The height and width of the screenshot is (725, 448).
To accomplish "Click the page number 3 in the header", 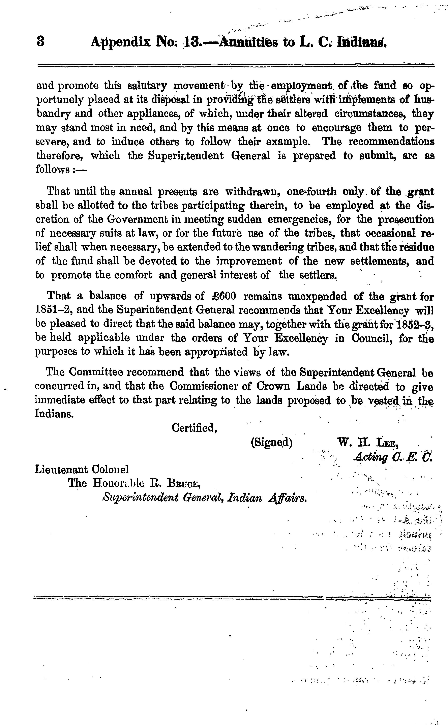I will tap(41, 41).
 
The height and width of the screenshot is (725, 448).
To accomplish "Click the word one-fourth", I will tap(311, 192).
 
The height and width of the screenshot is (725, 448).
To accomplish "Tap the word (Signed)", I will tap(272, 442).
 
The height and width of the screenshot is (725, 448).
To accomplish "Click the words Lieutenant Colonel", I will tap(82, 469).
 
